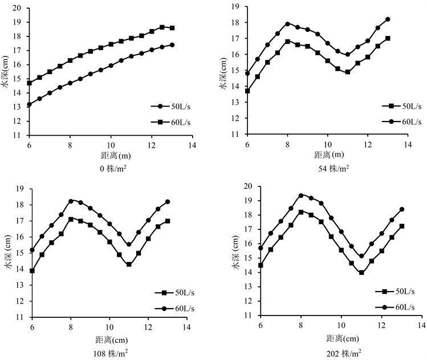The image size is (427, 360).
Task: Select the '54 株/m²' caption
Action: tap(334, 168)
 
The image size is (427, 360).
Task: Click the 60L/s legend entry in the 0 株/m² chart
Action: tap(171, 122)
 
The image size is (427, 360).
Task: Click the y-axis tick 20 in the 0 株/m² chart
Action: tap(18, 8)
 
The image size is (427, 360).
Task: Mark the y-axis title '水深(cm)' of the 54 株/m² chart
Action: tap(223, 71)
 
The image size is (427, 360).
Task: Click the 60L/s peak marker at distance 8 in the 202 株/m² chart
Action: tap(301, 196)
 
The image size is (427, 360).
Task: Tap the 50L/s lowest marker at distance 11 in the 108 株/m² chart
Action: tap(129, 264)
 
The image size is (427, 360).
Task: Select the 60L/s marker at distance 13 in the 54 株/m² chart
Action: tap(388, 19)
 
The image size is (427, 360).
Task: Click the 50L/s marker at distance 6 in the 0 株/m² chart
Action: tap(29, 104)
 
